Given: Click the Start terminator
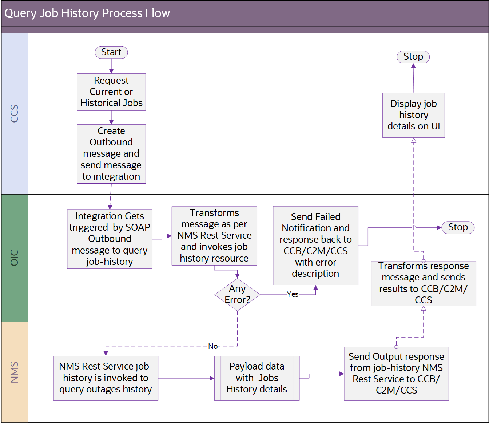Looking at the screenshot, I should (111, 52).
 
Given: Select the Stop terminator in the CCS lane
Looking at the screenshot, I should (413, 57).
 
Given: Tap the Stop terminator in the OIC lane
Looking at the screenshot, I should (457, 227).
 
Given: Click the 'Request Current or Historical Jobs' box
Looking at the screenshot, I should (111, 92).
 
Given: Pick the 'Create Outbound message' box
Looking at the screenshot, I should (111, 154).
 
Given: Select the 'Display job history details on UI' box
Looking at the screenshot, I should (413, 115).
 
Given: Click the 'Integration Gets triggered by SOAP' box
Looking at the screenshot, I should (110, 239).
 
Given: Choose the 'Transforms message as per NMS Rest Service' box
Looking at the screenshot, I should (214, 236).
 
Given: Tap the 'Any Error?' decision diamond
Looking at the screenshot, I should (237, 294).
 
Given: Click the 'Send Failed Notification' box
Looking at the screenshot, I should (315, 245).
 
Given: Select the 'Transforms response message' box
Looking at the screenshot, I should (423, 283).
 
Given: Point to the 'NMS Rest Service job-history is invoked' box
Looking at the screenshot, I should (106, 378).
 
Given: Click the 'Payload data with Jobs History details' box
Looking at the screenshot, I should (257, 378).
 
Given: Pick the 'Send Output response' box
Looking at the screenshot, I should (396, 374).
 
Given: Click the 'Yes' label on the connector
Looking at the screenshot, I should (293, 294).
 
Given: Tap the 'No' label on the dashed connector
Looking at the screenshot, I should (213, 346).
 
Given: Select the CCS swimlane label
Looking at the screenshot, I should (15, 113).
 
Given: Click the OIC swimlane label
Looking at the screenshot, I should (15, 258).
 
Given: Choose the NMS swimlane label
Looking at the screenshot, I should (15, 372).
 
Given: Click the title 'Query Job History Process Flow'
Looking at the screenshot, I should (87, 13).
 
